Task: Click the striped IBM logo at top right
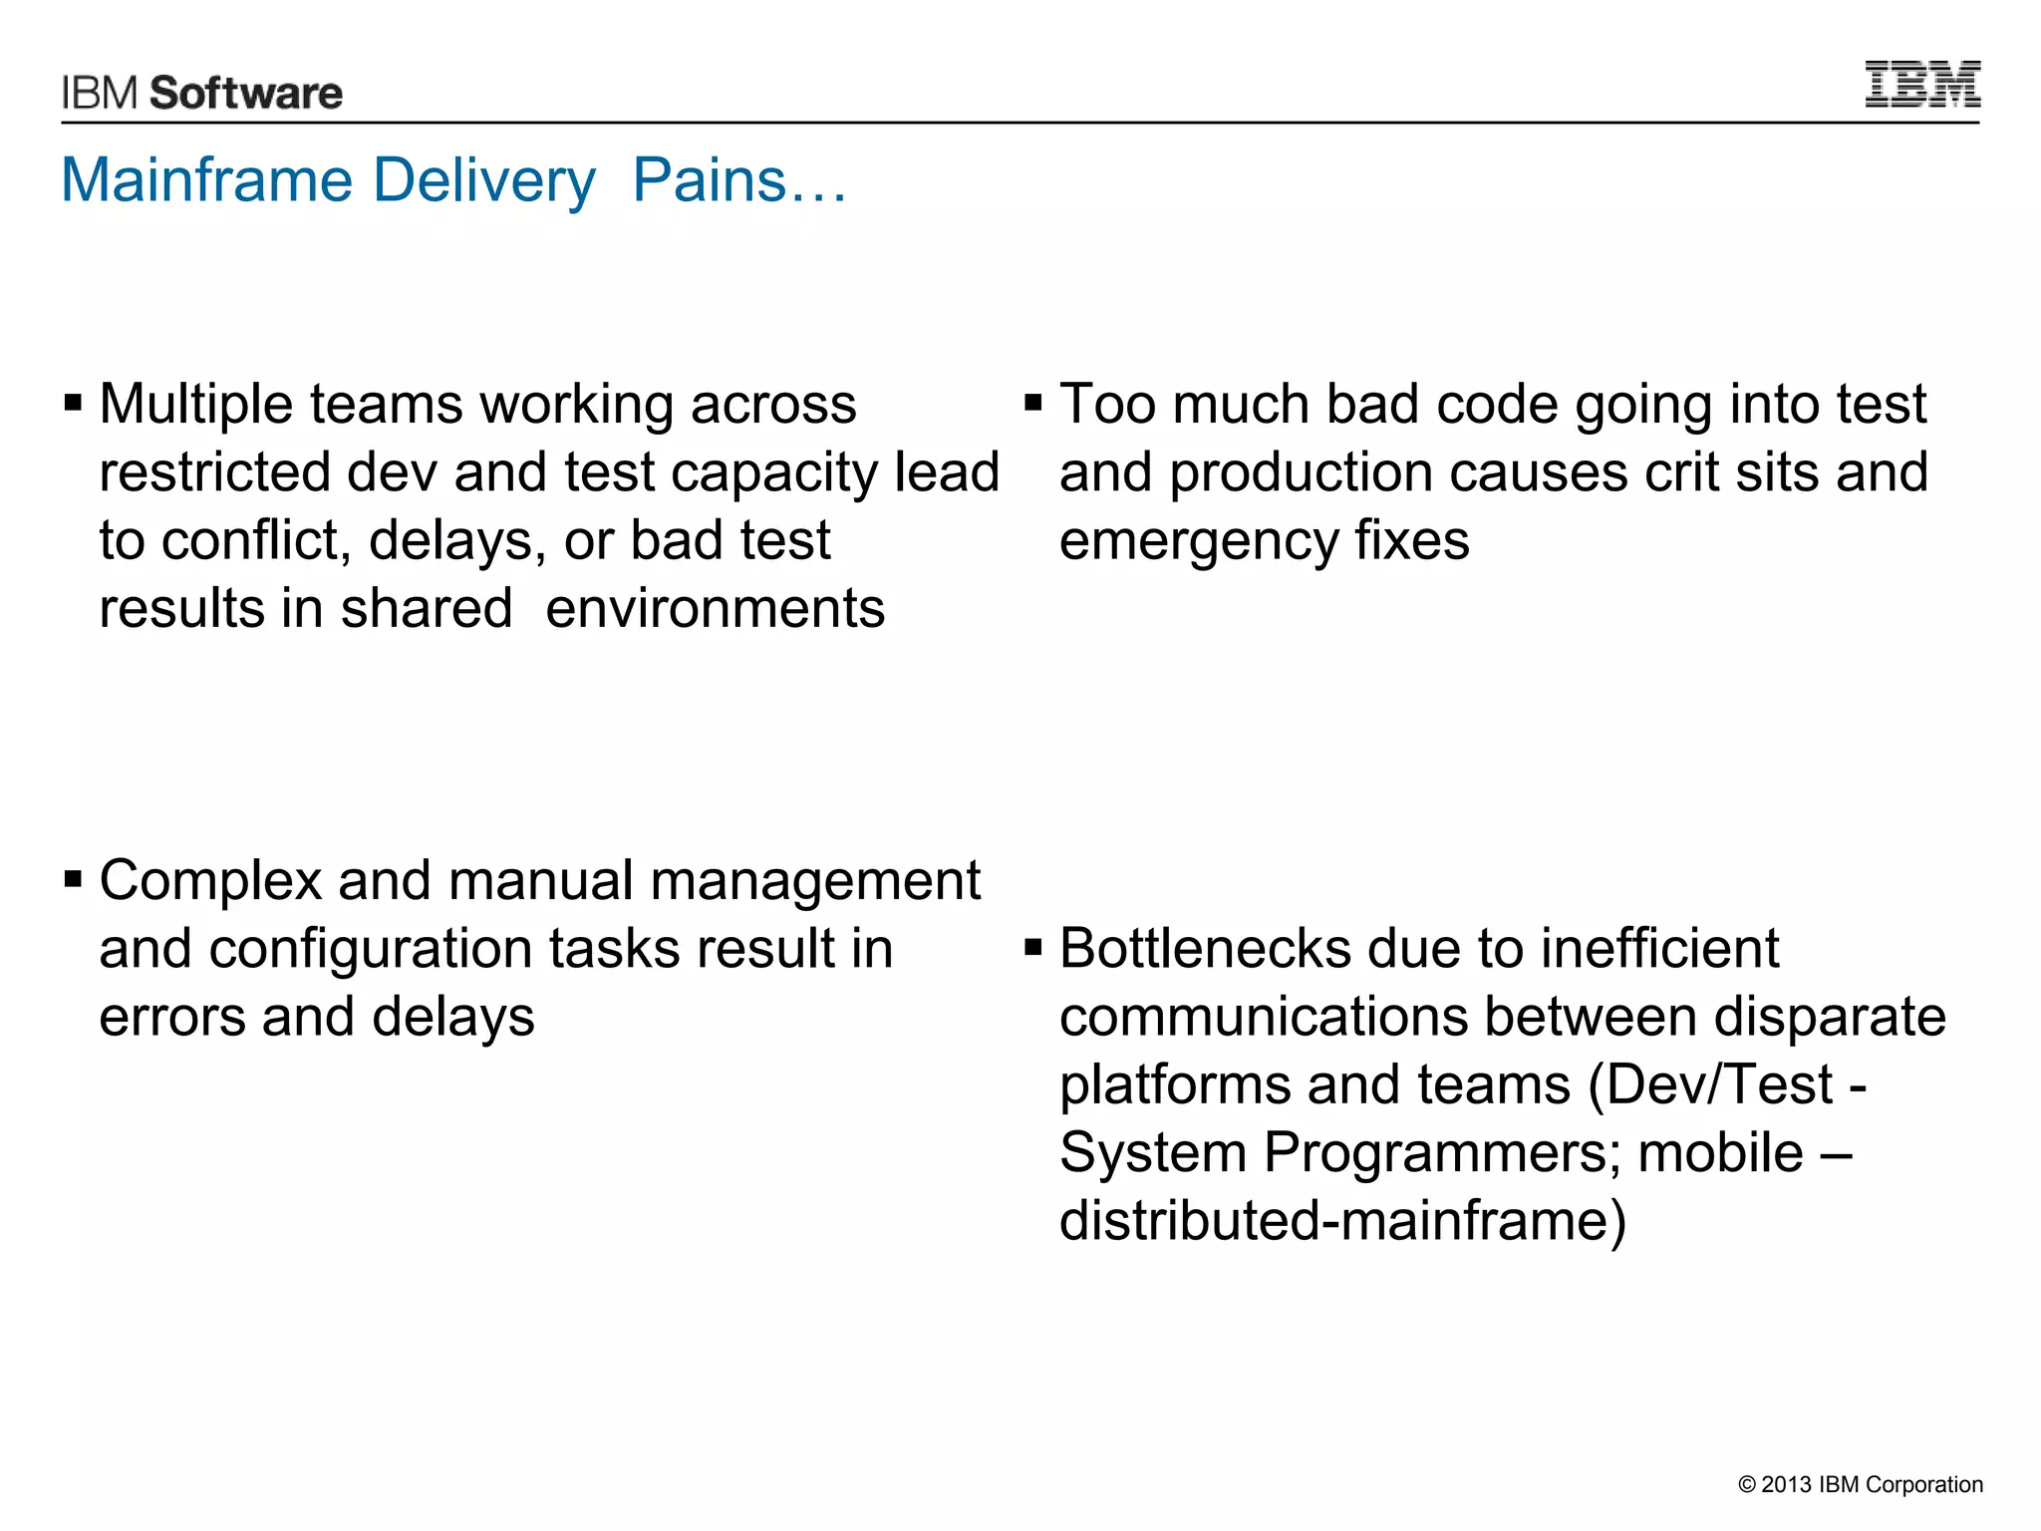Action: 1922,85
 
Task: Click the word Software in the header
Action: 246,93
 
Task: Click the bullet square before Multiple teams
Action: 73,404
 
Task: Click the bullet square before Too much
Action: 1032,404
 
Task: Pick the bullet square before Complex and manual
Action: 73,880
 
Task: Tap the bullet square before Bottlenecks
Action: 1032,948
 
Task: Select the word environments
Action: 715,609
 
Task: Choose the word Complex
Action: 210,882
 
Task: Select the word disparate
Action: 1830,1018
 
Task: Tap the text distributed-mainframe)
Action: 1342,1221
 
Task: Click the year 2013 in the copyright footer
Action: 1786,1484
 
